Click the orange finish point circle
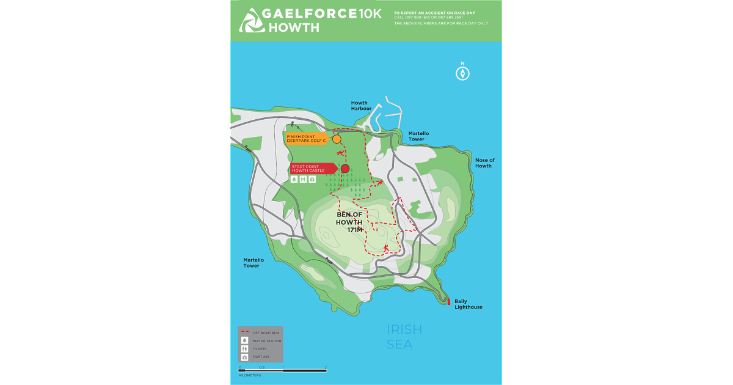pos(337,139)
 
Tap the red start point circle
pos(345,168)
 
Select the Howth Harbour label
pos(361,106)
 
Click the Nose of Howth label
pos(484,163)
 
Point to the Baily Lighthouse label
pos(468,304)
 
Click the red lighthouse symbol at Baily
pos(449,301)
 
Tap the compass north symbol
pos(462,73)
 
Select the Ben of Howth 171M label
pos(350,222)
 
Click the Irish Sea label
pos(404,337)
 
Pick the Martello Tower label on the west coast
pos(253,263)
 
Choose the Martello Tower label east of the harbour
pos(419,136)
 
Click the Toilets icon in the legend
pos(244,348)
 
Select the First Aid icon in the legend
pos(244,356)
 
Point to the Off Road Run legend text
pos(266,332)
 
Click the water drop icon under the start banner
pos(294,180)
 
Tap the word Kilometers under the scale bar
pos(249,375)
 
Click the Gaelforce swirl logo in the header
pos(251,20)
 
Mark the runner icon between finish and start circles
pos(339,153)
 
